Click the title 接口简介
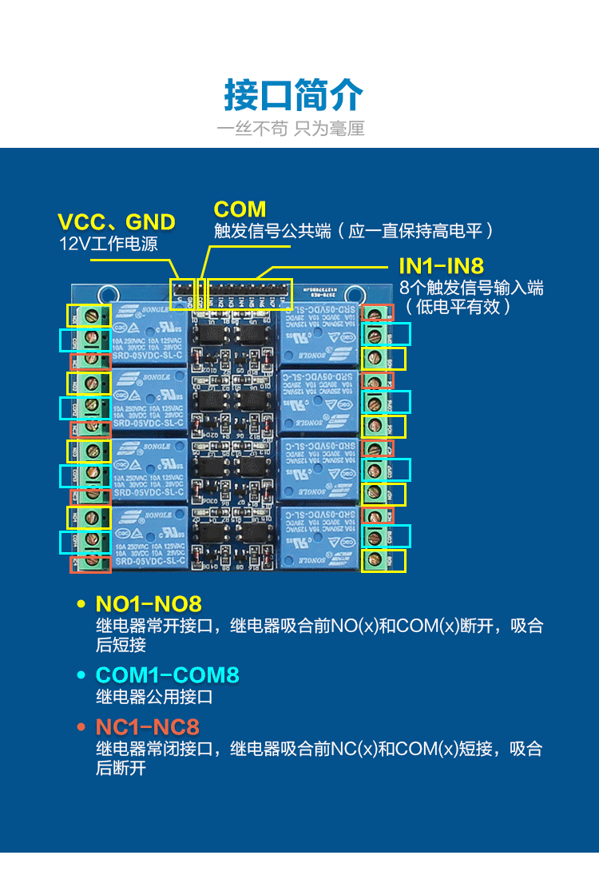(294, 96)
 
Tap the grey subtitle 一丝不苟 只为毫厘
(292, 129)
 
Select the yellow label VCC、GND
(117, 222)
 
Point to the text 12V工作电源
(109, 244)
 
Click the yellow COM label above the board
(240, 209)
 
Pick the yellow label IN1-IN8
(441, 266)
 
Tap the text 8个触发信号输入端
(471, 288)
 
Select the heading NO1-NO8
(149, 603)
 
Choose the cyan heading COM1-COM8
(168, 674)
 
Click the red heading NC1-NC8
(148, 726)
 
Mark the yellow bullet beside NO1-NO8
(80, 604)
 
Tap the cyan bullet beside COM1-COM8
(80, 675)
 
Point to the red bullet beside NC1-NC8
(80, 727)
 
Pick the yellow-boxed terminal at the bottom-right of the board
(383, 560)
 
